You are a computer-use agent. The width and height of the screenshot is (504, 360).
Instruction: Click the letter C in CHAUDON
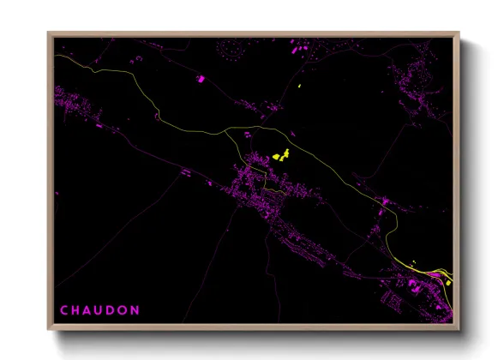[x=63, y=309]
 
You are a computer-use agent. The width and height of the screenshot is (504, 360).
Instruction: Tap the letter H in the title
[x=76, y=309]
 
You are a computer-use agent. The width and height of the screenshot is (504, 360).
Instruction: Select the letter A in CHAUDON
[x=89, y=309]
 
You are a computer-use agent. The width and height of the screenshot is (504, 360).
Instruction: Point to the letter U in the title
[x=102, y=309]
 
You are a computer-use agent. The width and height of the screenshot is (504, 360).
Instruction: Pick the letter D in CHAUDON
[x=115, y=309]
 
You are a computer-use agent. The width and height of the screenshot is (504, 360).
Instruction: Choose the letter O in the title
[x=128, y=309]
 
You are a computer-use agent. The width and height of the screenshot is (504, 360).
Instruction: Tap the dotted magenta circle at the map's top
[x=233, y=50]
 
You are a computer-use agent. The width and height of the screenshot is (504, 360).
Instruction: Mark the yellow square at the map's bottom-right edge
[x=447, y=277]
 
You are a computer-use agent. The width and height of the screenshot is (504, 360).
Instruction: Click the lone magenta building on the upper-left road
[x=202, y=79]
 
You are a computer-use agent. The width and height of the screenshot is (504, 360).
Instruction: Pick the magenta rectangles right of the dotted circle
[x=301, y=49]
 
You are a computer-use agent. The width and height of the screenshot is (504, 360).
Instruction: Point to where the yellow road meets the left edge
[x=57, y=57]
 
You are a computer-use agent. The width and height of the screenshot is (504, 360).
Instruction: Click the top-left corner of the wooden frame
[x=48, y=33]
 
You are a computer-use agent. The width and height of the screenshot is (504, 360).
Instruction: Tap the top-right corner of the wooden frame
[x=459, y=33]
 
